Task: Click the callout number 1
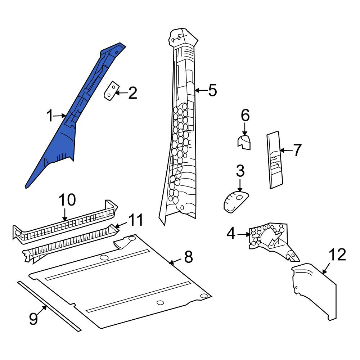[x=50, y=116]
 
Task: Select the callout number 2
[x=132, y=93]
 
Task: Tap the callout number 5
[x=212, y=90]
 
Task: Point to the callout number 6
[x=245, y=115]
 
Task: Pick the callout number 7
[x=297, y=150]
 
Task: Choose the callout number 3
[x=240, y=171]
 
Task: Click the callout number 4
[x=231, y=234]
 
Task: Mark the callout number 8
[x=188, y=257]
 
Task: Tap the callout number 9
[x=33, y=319]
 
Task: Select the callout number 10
[x=67, y=200]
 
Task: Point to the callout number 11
[x=136, y=220]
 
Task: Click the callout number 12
[x=337, y=255]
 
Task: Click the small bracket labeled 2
[x=111, y=91]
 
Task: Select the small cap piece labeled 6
[x=244, y=142]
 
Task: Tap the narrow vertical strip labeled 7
[x=275, y=160]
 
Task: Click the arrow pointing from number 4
[x=244, y=234]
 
